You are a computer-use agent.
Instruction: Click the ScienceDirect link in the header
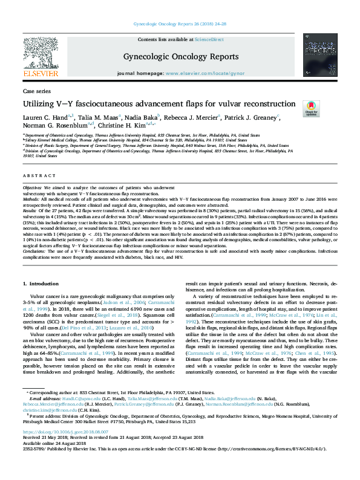coord(210,40)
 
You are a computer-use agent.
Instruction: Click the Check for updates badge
coord(311,108)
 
